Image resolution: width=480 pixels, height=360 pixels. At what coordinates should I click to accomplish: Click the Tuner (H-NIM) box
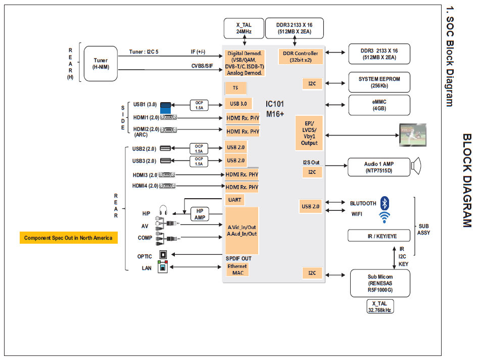coord(100,64)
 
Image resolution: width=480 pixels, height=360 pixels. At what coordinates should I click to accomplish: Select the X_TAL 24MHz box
coord(244,28)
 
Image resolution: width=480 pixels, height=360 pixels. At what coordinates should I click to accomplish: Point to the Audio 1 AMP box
coord(378,167)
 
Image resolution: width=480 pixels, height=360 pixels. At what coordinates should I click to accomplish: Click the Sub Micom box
coord(379,283)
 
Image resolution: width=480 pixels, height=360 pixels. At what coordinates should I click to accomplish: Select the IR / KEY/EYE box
coord(378,236)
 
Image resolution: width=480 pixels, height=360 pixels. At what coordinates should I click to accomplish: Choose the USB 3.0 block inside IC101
coord(238,104)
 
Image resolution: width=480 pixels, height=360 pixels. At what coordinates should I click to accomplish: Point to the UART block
coord(235,200)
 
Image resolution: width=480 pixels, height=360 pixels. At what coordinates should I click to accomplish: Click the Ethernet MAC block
coord(237,269)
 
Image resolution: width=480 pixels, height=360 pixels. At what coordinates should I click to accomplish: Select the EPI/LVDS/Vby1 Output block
coord(309,132)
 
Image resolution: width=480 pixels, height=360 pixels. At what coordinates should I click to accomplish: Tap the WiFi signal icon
coord(385,217)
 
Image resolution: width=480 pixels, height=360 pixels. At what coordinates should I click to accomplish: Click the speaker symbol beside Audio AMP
coord(416,166)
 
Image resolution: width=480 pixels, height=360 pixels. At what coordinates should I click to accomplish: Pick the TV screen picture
coord(412,134)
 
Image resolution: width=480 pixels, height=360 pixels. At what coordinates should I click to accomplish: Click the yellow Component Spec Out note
coord(68,238)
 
